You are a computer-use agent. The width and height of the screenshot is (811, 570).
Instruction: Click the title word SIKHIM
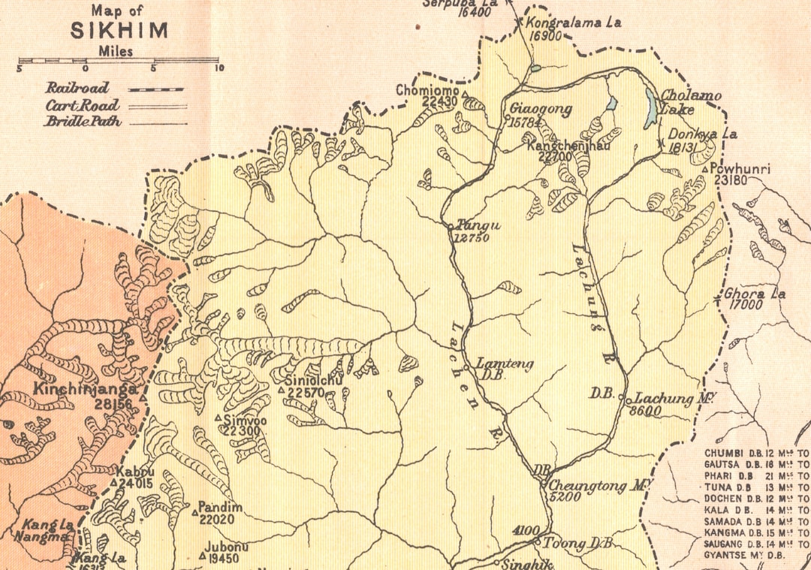(x=119, y=32)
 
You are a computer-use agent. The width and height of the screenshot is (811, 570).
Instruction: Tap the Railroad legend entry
(x=77, y=88)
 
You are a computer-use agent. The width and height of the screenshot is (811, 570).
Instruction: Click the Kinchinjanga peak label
(x=84, y=390)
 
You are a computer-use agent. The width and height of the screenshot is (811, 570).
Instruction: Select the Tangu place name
(x=473, y=225)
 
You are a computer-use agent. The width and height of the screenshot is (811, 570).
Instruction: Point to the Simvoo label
(x=246, y=421)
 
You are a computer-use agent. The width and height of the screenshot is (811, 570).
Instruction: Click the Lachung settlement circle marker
(x=629, y=400)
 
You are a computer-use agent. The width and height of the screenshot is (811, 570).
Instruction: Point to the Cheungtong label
(x=596, y=486)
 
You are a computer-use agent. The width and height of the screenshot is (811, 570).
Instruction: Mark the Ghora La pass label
(x=755, y=294)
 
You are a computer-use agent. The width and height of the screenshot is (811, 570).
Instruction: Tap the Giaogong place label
(x=541, y=110)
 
